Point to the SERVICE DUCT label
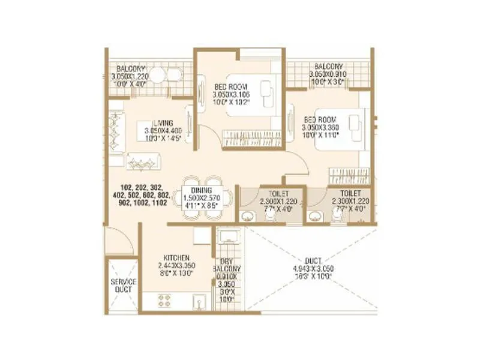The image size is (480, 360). (123, 286)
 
